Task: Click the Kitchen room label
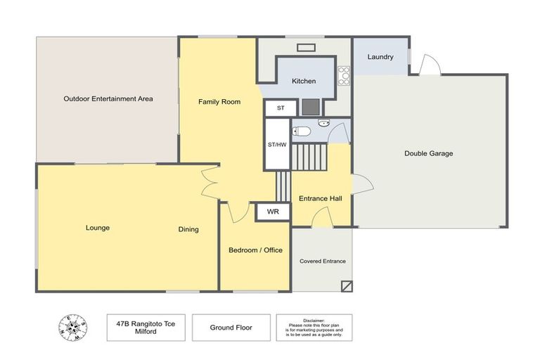[304, 82]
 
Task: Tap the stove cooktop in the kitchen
[344, 76]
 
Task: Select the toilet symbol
[302, 131]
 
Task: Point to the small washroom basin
[323, 122]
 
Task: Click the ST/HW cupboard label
[277, 145]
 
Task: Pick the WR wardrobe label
[273, 212]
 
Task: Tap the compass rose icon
[72, 328]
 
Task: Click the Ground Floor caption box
[231, 328]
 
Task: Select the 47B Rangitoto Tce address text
[146, 324]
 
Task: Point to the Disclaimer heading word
[314, 321]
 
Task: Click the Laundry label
[380, 57]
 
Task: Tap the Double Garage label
[428, 154]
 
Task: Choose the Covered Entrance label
[323, 261]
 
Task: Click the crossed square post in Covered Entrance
[347, 286]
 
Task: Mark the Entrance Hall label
[321, 198]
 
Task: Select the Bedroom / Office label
[255, 250]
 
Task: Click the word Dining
[188, 229]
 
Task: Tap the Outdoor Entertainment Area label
[108, 99]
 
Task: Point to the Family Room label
[219, 102]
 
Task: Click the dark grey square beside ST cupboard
[311, 107]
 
